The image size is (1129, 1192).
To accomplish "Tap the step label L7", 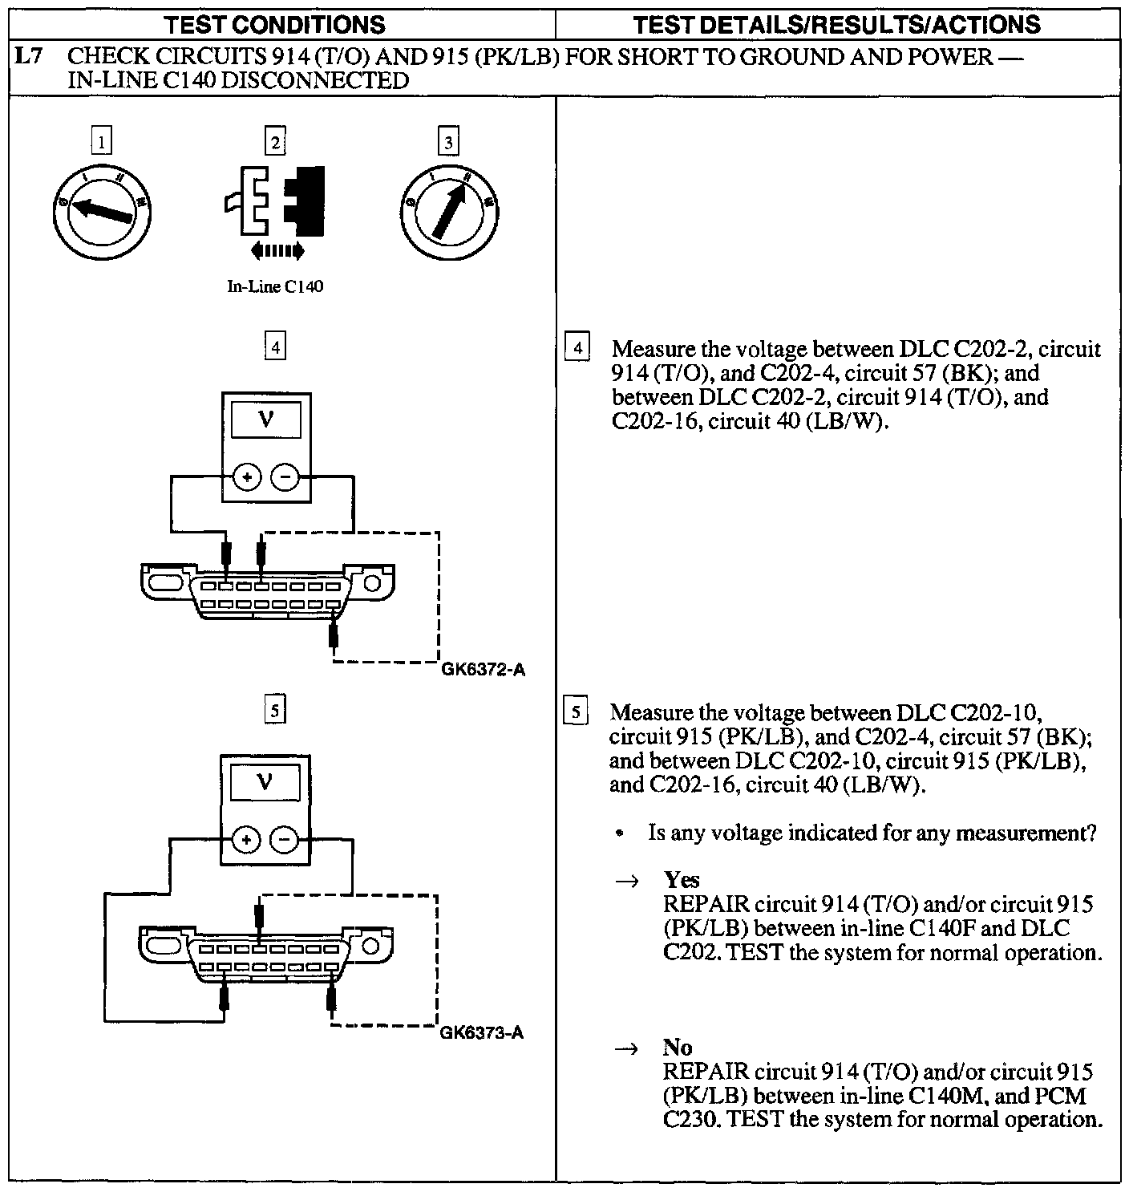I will click(x=30, y=58).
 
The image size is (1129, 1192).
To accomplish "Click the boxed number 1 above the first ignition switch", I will click(x=101, y=143).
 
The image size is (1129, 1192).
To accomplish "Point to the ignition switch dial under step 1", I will click(x=103, y=209).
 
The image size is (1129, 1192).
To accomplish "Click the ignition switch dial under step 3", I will click(x=449, y=209).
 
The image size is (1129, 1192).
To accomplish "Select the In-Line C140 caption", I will click(x=275, y=287).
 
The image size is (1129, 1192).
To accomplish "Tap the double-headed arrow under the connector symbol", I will click(x=277, y=252).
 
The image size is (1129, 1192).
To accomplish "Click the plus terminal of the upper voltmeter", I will click(x=248, y=478).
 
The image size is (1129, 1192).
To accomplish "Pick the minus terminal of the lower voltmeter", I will click(x=285, y=840).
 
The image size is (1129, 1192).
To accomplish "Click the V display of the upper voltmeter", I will click(x=266, y=420).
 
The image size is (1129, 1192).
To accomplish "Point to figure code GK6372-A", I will click(x=484, y=671).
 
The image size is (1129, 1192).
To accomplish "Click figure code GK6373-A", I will click(x=482, y=1033).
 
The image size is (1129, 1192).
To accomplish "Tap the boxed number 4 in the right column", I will click(x=577, y=349).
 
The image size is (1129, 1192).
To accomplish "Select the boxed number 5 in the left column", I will click(x=274, y=710).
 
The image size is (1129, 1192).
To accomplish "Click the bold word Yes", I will click(x=682, y=880).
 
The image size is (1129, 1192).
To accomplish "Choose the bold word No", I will click(x=678, y=1047).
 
